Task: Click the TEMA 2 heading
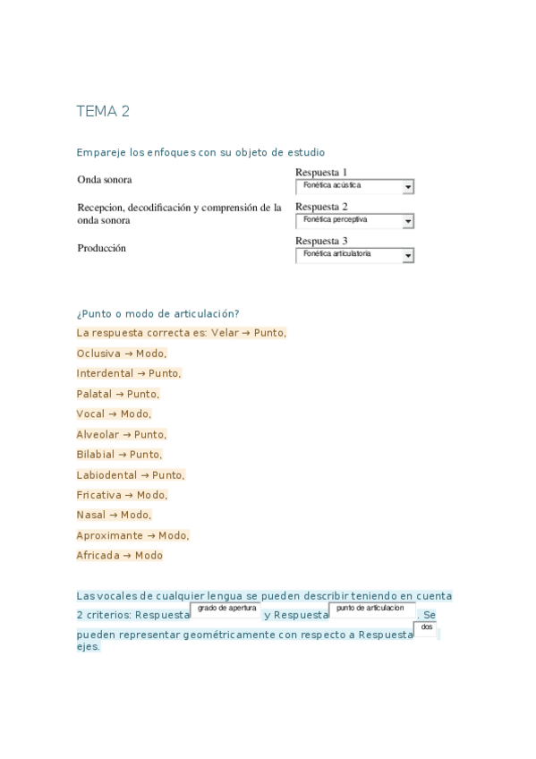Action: [103, 111]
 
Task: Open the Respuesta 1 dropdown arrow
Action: [408, 187]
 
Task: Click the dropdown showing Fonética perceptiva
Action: [354, 220]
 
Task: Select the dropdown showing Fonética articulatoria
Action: [354, 255]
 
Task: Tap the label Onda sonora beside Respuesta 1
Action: [105, 179]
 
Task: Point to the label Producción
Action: [102, 248]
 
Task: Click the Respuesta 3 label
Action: [321, 241]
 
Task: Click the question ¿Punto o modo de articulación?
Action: [158, 313]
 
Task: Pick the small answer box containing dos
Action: [426, 628]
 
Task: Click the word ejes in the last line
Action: [88, 646]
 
